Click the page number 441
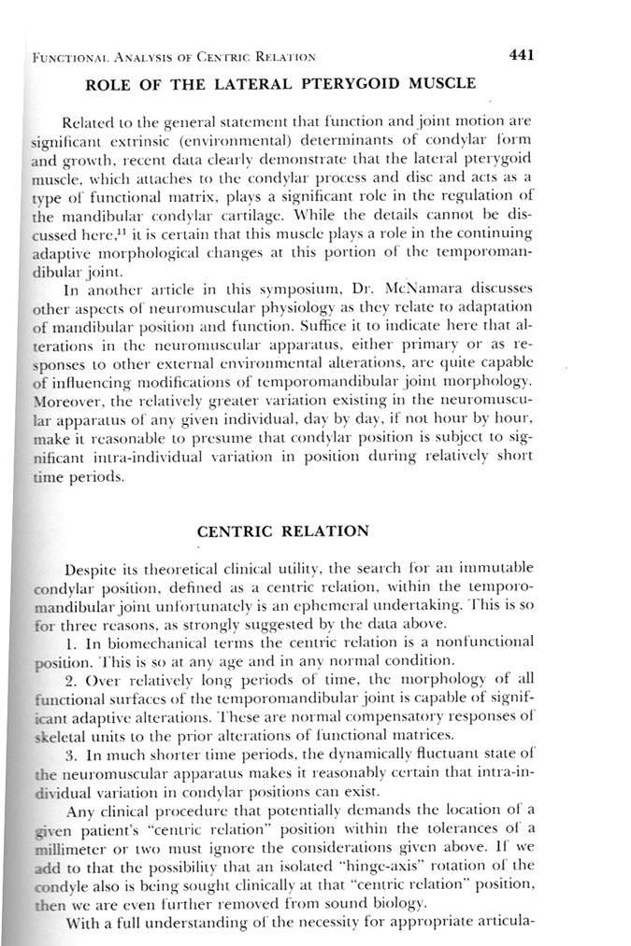tap(520, 55)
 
